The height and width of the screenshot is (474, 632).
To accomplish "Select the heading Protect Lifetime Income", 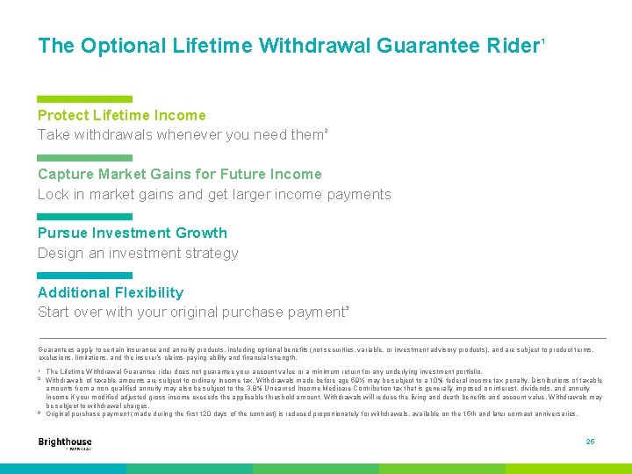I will click(x=121, y=115).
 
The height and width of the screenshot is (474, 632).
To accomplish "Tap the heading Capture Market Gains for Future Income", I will click(x=179, y=174).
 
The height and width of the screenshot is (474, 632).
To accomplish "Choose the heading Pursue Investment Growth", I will click(x=132, y=233).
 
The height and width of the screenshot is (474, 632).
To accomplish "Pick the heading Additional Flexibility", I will click(x=111, y=292).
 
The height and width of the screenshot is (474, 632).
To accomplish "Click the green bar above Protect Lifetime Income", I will click(x=84, y=99).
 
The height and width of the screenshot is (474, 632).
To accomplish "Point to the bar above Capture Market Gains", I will click(x=84, y=158).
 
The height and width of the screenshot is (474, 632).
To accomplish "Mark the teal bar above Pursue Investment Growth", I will click(x=84, y=217).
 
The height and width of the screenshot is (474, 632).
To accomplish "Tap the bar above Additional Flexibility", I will click(x=84, y=276).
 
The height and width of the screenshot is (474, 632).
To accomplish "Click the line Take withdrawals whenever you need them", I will click(x=181, y=135).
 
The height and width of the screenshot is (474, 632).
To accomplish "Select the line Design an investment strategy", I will click(x=138, y=254).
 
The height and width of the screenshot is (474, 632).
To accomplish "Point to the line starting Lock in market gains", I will click(x=214, y=194).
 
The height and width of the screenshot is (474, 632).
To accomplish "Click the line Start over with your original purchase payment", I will click(x=191, y=312).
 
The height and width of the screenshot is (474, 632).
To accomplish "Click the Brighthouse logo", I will click(x=65, y=443).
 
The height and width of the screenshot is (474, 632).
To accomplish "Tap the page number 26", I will click(x=590, y=442).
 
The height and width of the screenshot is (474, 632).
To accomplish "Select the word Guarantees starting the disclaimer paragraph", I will click(x=54, y=348).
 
